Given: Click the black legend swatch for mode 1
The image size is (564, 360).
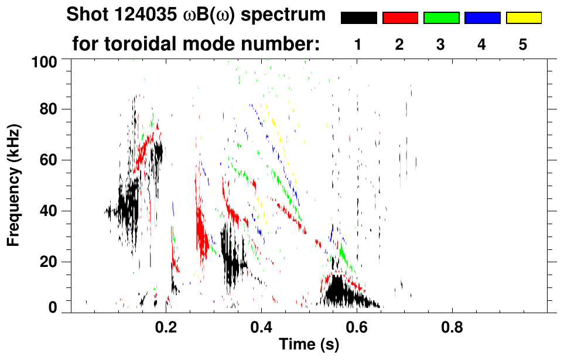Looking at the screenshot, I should point(358,18).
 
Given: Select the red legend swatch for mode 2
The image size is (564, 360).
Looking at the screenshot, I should point(400,18).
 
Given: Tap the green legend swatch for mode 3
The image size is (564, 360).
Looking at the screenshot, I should point(441,18).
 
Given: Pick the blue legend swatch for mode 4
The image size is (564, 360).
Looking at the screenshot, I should point(482,18).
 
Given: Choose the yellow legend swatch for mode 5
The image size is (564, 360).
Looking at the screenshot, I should point(524,18).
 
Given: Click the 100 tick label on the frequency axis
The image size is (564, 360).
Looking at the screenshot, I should point(43,61).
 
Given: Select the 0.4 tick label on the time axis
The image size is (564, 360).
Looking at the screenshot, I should point(261,325).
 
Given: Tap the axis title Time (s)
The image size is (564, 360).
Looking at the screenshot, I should point(309,345).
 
